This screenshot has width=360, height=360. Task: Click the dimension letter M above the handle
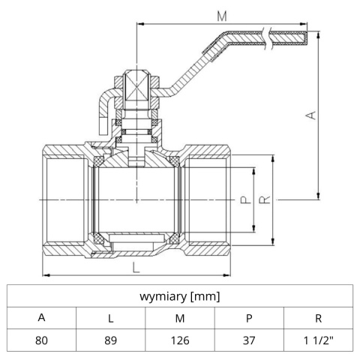click(x=220, y=14)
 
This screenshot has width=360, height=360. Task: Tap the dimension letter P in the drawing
click(x=244, y=200)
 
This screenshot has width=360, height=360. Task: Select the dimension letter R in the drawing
click(x=264, y=200)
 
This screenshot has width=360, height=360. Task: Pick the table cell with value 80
click(x=41, y=339)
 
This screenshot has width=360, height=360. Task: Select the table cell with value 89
click(x=110, y=339)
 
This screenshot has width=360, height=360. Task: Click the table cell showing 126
click(x=180, y=339)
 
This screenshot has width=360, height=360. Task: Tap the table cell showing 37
click(x=249, y=339)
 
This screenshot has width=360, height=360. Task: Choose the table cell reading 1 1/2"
click(x=318, y=339)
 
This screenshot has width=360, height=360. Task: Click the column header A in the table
click(x=41, y=317)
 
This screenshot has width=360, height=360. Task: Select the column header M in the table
click(x=180, y=317)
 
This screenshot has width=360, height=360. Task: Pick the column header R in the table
click(x=318, y=317)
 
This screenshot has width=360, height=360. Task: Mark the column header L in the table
click(x=110, y=317)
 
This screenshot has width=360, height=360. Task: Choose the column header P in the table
click(x=249, y=317)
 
